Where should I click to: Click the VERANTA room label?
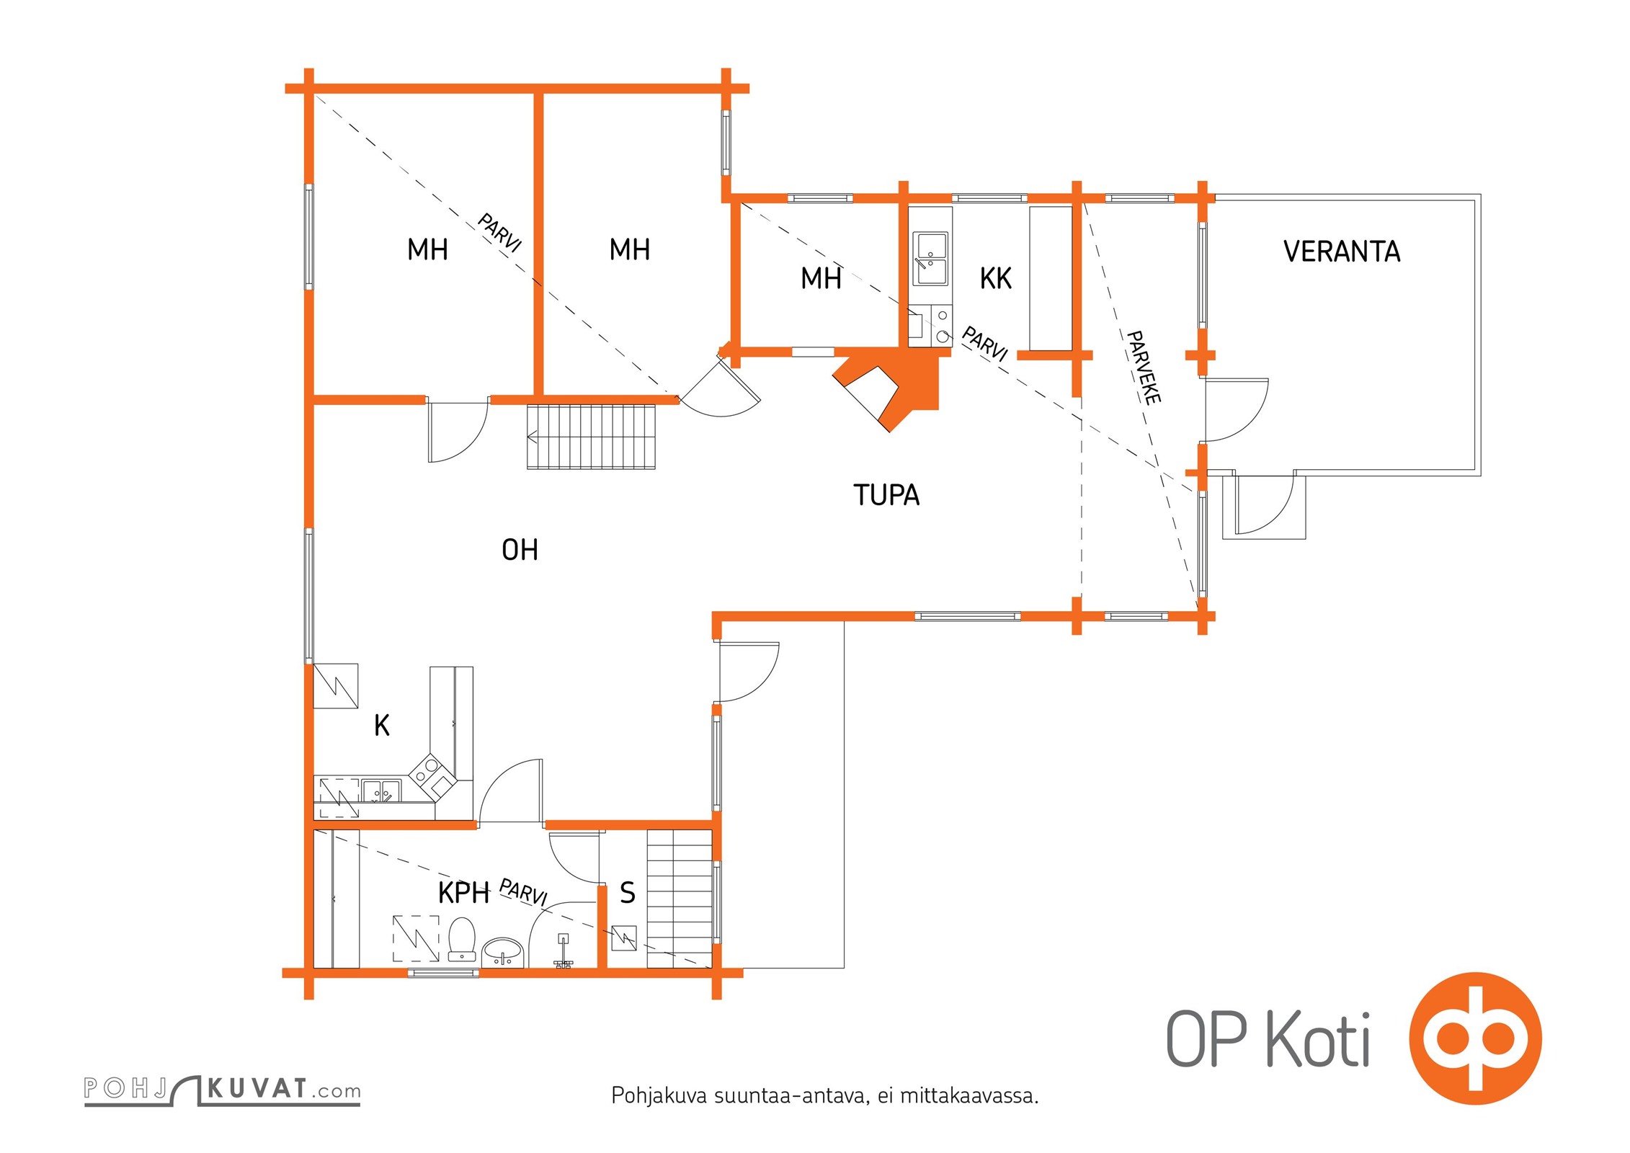point(1342,251)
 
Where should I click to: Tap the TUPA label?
point(886,495)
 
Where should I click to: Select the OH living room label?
point(520,550)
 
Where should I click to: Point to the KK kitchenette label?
point(996,278)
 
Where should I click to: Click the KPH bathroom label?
point(464,893)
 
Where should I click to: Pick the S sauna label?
point(628,893)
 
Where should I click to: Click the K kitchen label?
point(382,725)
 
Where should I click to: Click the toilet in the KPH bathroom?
point(462,938)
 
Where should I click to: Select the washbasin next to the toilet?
point(503,951)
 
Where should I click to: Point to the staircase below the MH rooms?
point(591,437)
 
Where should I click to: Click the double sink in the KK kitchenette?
point(930,259)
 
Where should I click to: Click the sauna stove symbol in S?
point(623,938)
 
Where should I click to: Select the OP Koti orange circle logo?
point(1475,1038)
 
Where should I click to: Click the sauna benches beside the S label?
point(680,899)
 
